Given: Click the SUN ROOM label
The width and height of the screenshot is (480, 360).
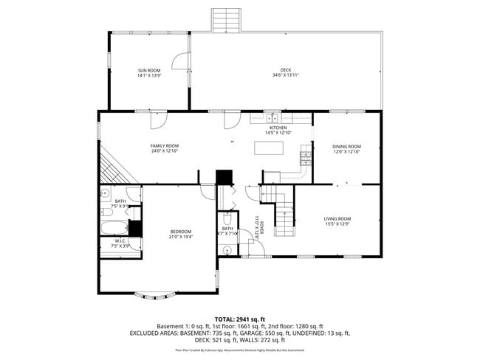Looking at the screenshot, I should pyautogui.click(x=148, y=70).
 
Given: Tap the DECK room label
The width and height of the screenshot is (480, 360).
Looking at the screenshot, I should pyautogui.click(x=285, y=70).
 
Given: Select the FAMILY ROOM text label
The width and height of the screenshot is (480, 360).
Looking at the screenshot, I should pyautogui.click(x=165, y=146).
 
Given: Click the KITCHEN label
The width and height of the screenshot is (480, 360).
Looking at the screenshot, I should pyautogui.click(x=278, y=128).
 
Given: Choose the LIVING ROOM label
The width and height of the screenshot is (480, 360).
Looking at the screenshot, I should pyautogui.click(x=337, y=218).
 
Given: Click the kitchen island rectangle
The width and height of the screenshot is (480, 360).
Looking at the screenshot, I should pyautogui.click(x=268, y=148).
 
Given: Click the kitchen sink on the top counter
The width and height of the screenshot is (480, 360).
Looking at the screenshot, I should pyautogui.click(x=272, y=117).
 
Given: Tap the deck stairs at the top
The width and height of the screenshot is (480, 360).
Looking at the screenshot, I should pyautogui.click(x=227, y=20).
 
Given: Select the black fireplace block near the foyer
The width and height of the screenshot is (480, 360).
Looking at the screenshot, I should pyautogui.click(x=224, y=178).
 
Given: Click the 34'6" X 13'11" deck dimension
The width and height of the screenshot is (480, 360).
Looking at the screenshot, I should pyautogui.click(x=285, y=75).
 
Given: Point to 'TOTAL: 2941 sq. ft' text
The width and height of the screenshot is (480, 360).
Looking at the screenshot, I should pyautogui.click(x=240, y=318).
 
